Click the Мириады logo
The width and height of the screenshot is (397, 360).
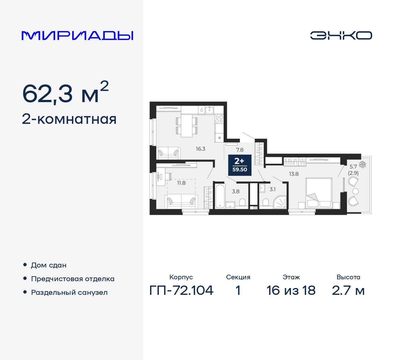coord(78,35)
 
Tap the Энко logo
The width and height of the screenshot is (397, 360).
coord(341,35)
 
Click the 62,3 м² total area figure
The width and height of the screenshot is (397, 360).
coord(65,93)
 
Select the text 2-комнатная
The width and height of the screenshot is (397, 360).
coord(69,119)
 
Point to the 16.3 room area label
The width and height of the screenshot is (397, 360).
coord(200,149)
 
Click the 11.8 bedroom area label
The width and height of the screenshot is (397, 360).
coord(181,183)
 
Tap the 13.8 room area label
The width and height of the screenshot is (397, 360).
coord(294,174)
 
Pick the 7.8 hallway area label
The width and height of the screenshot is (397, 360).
coord(240,150)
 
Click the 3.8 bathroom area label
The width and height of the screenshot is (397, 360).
coord(236,191)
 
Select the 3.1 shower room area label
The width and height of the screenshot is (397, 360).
coord(272,189)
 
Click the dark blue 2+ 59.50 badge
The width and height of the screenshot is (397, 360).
coord(240,165)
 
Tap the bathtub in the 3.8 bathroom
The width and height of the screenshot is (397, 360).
coord(220,196)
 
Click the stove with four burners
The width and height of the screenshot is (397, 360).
coord(219,119)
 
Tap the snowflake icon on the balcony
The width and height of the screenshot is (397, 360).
coord(363,164)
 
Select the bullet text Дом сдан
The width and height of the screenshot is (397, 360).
coord(49,265)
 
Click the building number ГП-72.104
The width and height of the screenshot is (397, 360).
coord(181,290)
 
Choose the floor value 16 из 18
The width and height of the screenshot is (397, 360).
coord(291,290)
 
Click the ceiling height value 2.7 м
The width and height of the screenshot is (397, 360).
coord(348,290)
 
